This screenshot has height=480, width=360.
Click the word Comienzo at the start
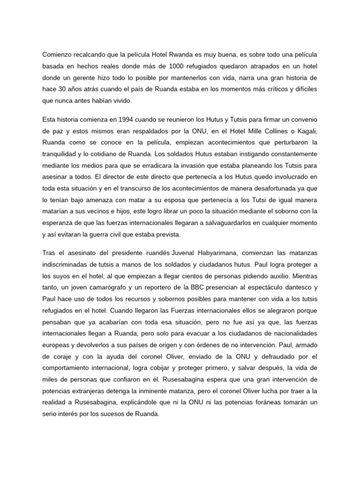tap(58, 55)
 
